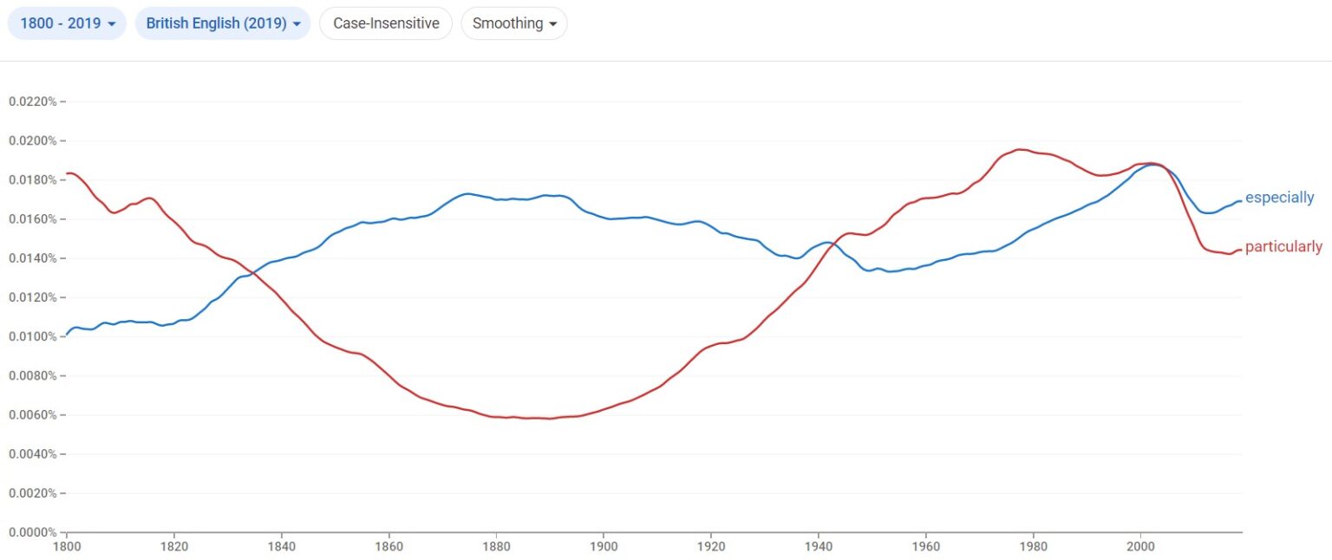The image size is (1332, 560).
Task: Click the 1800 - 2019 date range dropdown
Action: pyautogui.click(x=67, y=23)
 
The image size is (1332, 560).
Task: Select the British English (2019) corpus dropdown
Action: pyautogui.click(x=223, y=23)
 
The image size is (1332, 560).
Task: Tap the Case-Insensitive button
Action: pyautogui.click(x=386, y=23)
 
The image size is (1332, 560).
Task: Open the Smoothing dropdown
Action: pyautogui.click(x=514, y=23)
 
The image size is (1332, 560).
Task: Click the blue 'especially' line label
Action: pyautogui.click(x=1279, y=198)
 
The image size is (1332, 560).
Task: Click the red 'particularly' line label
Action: pyautogui.click(x=1283, y=247)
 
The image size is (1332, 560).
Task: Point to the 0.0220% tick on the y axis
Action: pyautogui.click(x=32, y=101)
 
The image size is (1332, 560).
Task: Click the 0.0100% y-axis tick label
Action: pyautogui.click(x=32, y=336)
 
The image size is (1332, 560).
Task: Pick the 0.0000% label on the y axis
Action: pyautogui.click(x=32, y=532)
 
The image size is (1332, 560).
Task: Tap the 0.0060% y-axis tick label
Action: pyautogui.click(x=32, y=414)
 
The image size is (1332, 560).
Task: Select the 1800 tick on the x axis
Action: pyautogui.click(x=67, y=548)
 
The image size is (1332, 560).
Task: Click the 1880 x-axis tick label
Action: pyautogui.click(x=496, y=548)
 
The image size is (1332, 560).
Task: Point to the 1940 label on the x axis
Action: pyautogui.click(x=818, y=548)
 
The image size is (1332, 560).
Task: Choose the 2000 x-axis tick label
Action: pyautogui.click(x=1140, y=548)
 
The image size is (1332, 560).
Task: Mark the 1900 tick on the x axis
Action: pyautogui.click(x=604, y=548)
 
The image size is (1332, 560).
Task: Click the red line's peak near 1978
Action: pyautogui.click(x=1021, y=149)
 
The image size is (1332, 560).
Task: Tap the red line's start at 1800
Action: pyautogui.click(x=68, y=173)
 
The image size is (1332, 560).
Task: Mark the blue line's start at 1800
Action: pyautogui.click(x=68, y=334)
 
